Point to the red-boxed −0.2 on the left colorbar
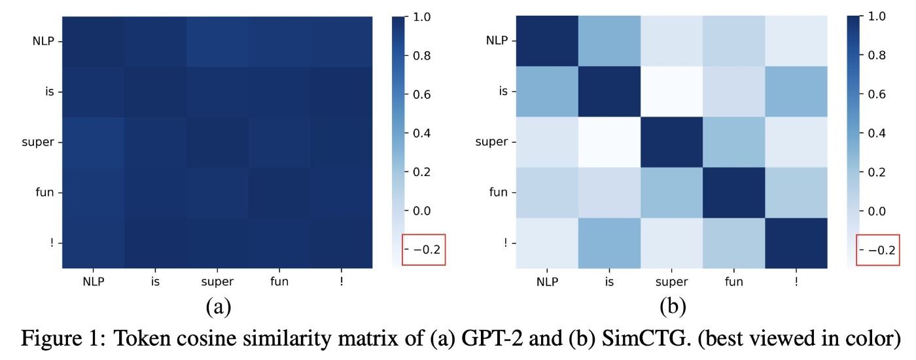click(425, 249)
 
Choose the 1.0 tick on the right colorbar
click(879, 18)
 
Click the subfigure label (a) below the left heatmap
click(218, 306)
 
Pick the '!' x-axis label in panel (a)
click(342, 282)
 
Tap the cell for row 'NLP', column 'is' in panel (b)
click(608, 41)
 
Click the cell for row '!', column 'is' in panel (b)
click(608, 243)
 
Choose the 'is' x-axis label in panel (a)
click(155, 282)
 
